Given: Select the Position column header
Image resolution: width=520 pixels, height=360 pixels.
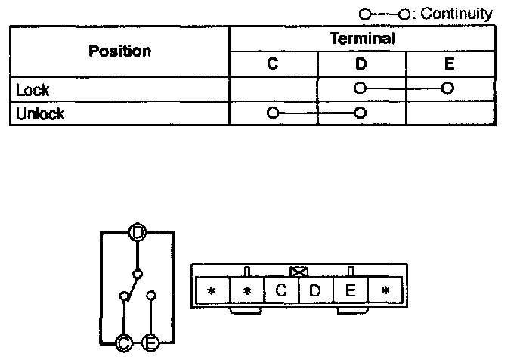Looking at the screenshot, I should [x=119, y=51].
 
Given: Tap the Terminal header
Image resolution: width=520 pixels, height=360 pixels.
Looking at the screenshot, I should [x=362, y=39].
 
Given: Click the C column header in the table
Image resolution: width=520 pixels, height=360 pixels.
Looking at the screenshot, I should [x=273, y=64].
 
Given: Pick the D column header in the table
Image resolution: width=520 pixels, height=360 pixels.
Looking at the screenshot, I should [x=361, y=64].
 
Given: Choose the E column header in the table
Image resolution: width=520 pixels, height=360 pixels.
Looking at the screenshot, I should [x=450, y=64].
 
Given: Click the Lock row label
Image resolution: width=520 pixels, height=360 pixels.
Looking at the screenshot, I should [x=32, y=89].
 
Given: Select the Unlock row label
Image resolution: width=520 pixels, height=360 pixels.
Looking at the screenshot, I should [x=40, y=114].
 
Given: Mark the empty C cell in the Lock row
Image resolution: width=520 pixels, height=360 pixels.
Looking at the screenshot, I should [x=273, y=89].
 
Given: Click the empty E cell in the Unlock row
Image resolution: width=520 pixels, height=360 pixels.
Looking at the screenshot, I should [x=450, y=114].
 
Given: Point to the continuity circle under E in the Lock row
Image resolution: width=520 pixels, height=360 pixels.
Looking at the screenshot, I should [x=448, y=88].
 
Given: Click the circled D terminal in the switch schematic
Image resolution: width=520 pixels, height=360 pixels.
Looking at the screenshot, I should [x=137, y=232].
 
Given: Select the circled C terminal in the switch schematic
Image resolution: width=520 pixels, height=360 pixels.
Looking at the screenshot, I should [x=124, y=344].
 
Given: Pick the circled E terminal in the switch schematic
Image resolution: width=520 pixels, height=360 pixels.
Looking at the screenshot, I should [x=150, y=344].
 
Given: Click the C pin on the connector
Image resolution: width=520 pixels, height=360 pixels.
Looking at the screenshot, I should [x=281, y=290].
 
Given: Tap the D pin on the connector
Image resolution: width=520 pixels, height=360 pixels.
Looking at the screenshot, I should [x=316, y=290].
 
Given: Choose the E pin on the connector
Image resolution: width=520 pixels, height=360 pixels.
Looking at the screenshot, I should [x=351, y=290].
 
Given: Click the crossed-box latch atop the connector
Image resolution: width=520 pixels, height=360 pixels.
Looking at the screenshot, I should [x=298, y=270].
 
